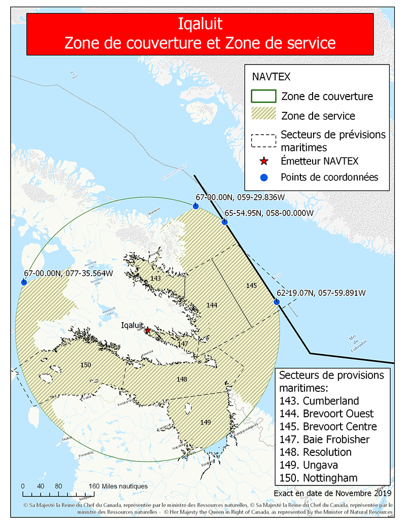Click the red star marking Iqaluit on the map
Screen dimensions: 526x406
point(148,330)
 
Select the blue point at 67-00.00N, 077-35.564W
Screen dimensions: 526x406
point(23,282)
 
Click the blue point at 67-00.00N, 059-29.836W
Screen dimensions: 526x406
point(195,206)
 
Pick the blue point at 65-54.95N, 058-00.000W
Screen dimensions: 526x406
point(224,222)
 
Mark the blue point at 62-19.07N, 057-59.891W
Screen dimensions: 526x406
point(277,302)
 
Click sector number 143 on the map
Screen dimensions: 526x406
point(156,279)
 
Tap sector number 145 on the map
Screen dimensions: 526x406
point(252,286)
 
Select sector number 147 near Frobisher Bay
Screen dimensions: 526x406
point(183,344)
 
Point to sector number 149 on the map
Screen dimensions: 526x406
point(205,422)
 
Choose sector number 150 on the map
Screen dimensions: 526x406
point(86,365)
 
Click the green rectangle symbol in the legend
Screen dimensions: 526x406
point(263,96)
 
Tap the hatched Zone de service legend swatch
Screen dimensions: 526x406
point(263,115)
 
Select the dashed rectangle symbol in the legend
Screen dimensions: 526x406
point(263,140)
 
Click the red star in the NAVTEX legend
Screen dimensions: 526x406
point(263,162)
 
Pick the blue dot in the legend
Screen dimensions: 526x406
point(263,177)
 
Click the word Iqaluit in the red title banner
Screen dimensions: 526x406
point(200,24)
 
